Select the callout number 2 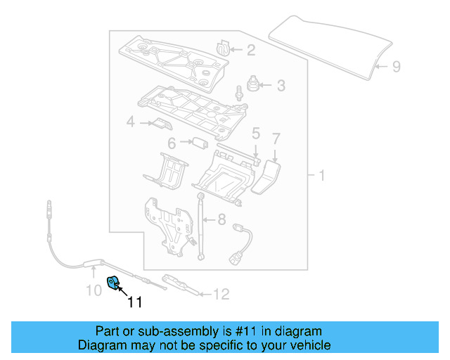point(251,49)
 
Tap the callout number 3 point(281,86)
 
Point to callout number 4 point(130,123)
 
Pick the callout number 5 point(256,133)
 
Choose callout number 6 point(171,143)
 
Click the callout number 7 point(276,139)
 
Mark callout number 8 point(221,219)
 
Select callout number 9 point(396,67)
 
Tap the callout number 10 point(94,289)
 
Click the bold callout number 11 point(134,302)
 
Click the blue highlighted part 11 point(112,283)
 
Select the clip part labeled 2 point(224,47)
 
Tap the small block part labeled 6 point(200,143)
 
